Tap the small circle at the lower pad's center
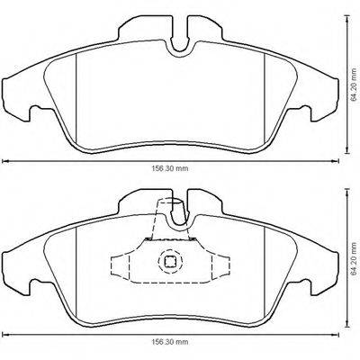[170, 263]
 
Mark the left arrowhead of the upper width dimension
[4, 161]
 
